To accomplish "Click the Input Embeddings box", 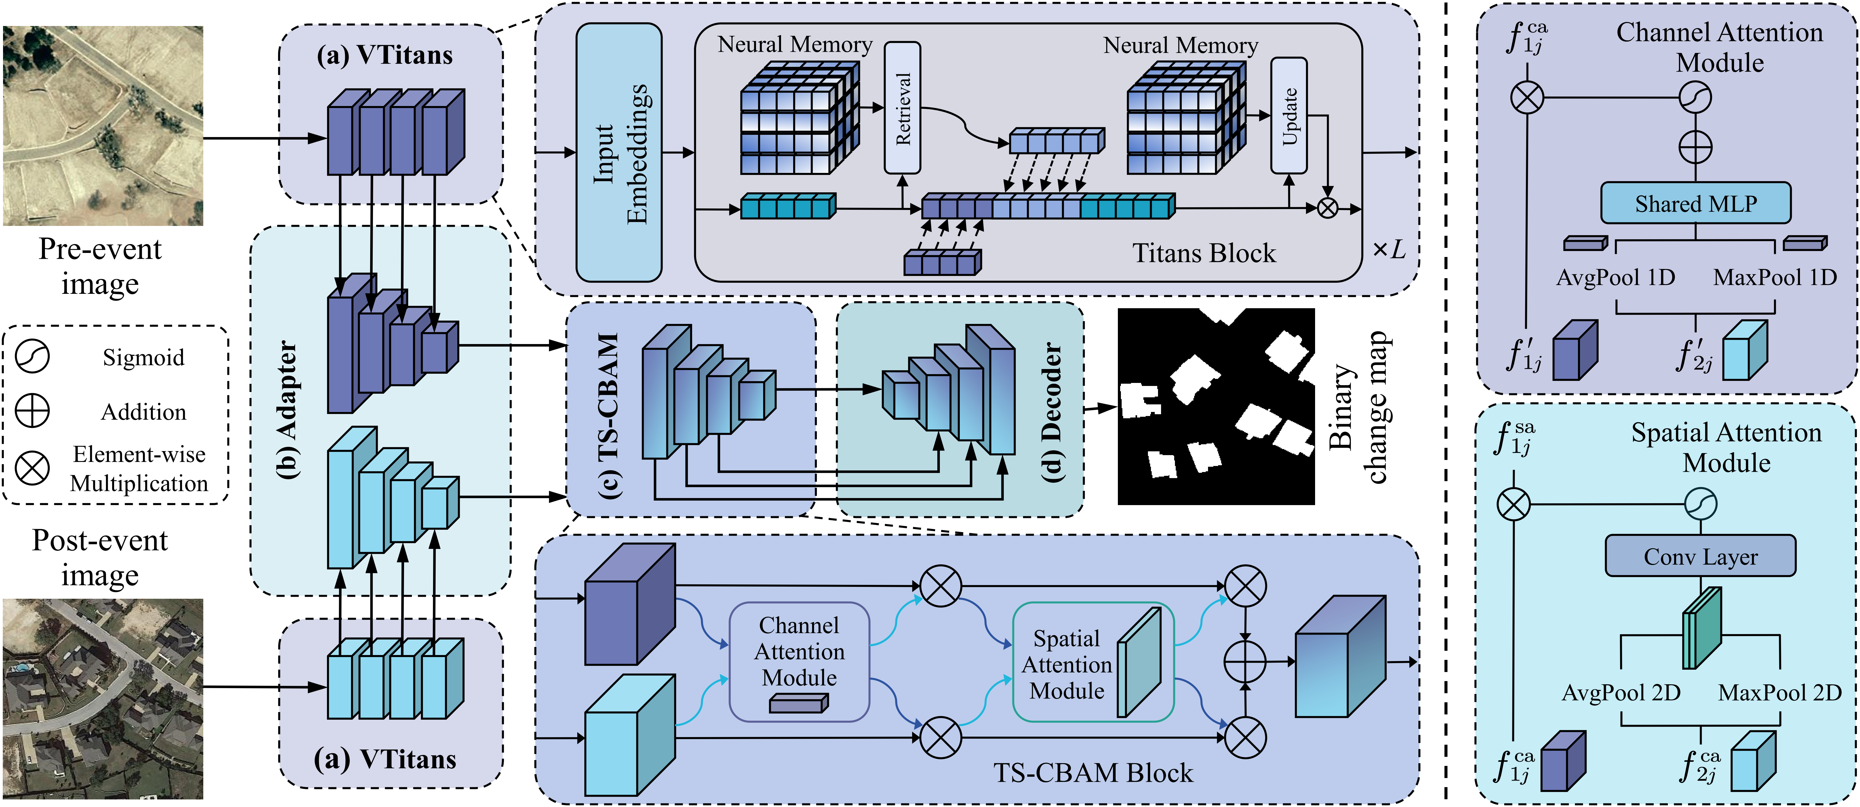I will coord(619,152).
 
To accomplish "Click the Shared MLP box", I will coord(1695,203).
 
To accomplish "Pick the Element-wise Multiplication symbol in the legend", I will coord(33,468).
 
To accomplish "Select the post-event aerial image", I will coord(103,698).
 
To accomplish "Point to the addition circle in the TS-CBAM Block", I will coord(1245,661).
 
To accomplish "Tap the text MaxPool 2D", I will coord(1779,693).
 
